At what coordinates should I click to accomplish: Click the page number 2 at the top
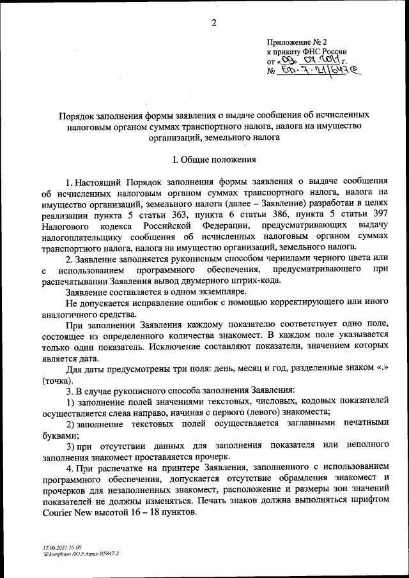[214, 24]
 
